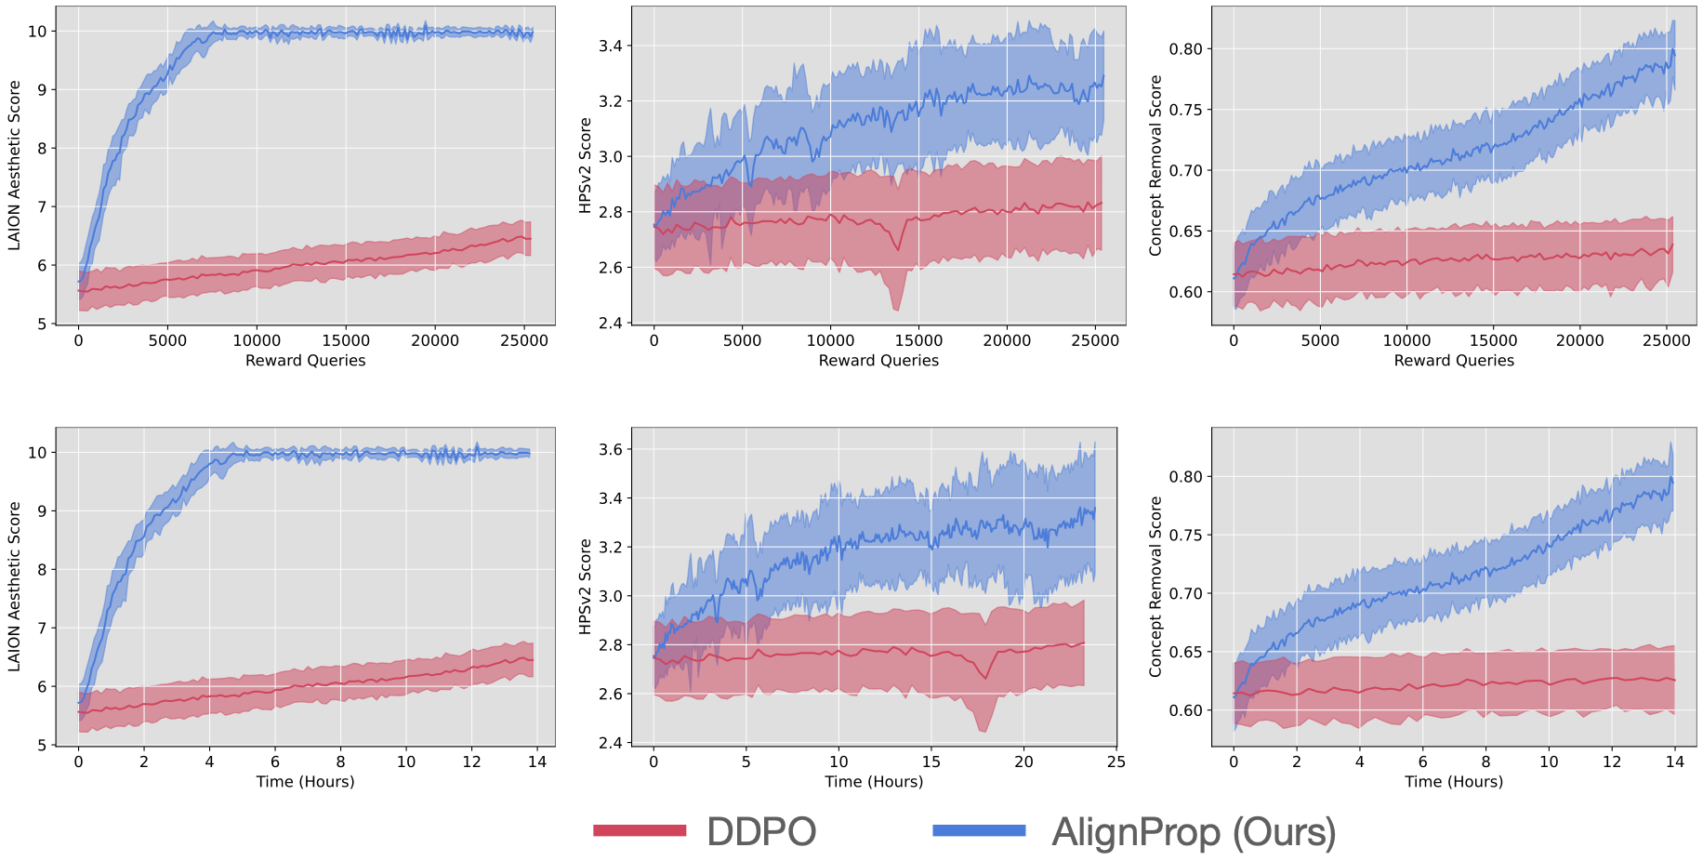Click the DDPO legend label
pyautogui.click(x=761, y=831)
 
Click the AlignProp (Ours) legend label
pyautogui.click(x=1194, y=831)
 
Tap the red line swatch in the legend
pyautogui.click(x=640, y=830)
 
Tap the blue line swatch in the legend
pyautogui.click(x=979, y=830)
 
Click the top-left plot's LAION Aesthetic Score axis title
pyautogui.click(x=15, y=165)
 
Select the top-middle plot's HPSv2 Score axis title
pyautogui.click(x=586, y=165)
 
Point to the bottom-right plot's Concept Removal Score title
pyautogui.click(x=1155, y=587)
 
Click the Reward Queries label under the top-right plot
pyautogui.click(x=1454, y=361)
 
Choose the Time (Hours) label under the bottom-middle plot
pyautogui.click(x=874, y=782)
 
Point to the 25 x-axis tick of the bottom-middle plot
pyautogui.click(x=1116, y=762)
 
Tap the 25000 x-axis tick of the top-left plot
pyautogui.click(x=524, y=340)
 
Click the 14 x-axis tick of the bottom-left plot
pyautogui.click(x=537, y=762)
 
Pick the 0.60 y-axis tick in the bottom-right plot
pyautogui.click(x=1185, y=710)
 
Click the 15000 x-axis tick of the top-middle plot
pyautogui.click(x=918, y=340)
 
